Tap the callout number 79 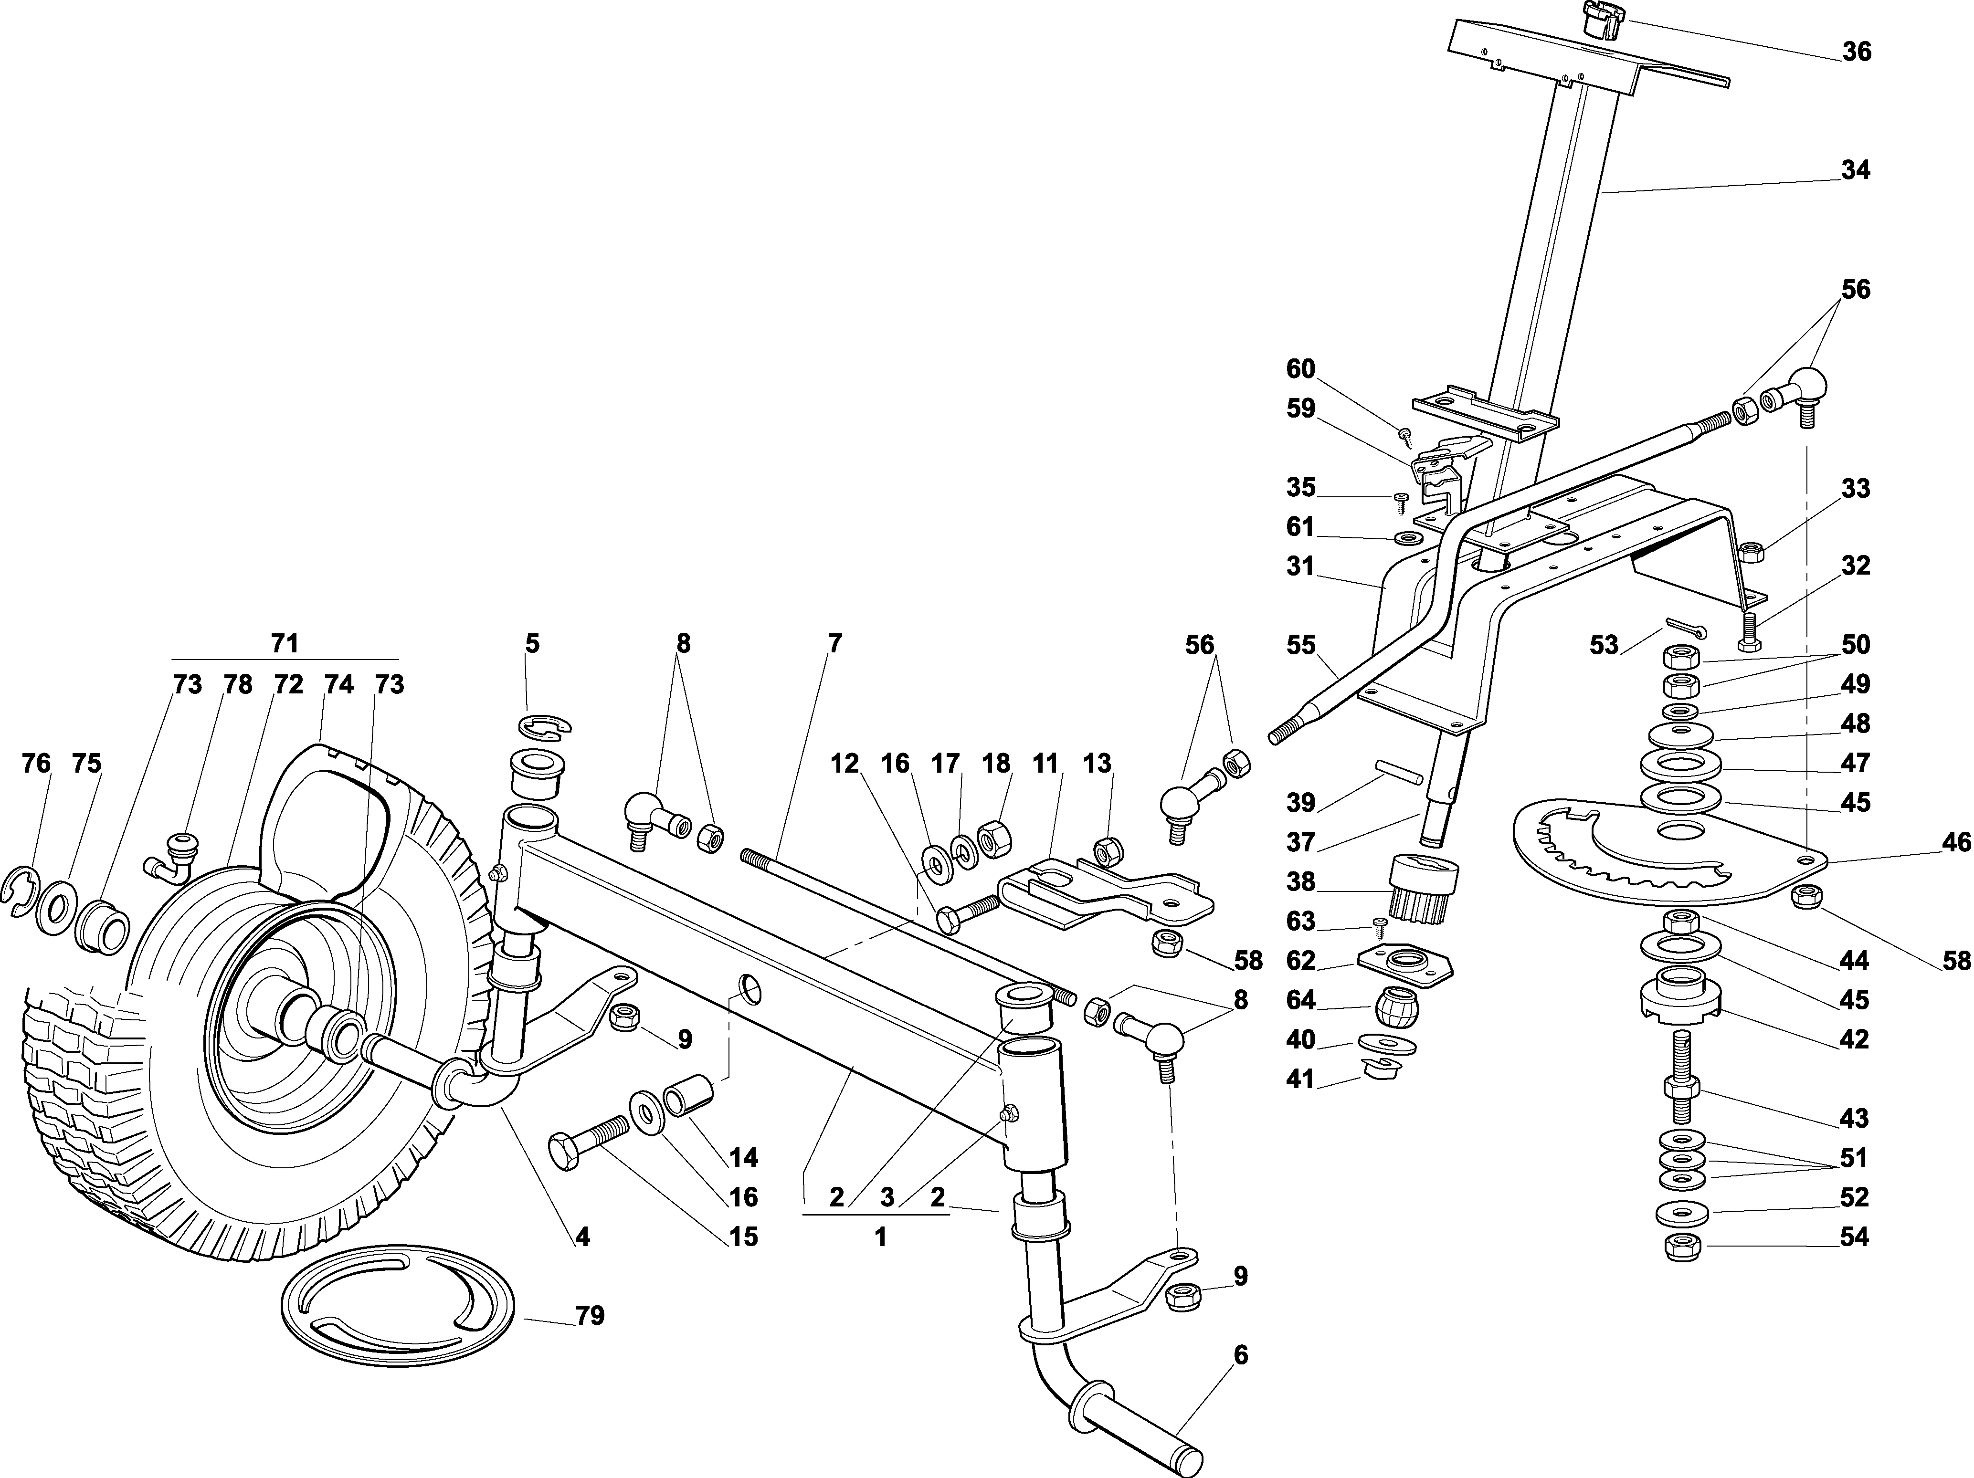[590, 1316]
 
